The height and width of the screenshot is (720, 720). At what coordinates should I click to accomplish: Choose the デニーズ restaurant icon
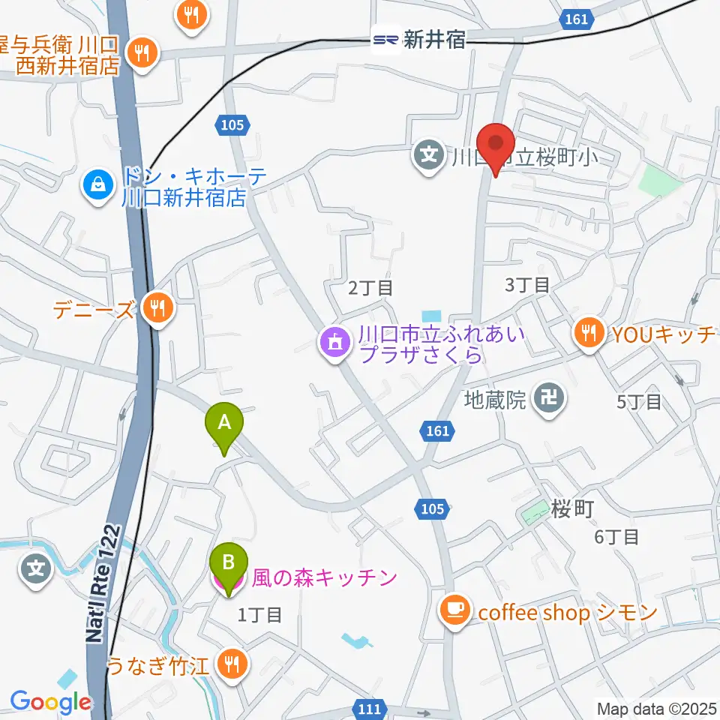click(157, 306)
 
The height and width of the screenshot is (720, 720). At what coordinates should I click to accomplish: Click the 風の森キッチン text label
click(324, 577)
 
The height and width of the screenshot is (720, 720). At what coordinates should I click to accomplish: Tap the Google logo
click(50, 702)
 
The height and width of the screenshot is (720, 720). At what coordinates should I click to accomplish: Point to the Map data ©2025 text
click(658, 708)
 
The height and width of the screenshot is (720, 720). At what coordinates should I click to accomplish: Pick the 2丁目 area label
click(370, 286)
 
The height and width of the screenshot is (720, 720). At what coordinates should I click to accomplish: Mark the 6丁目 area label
click(616, 536)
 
